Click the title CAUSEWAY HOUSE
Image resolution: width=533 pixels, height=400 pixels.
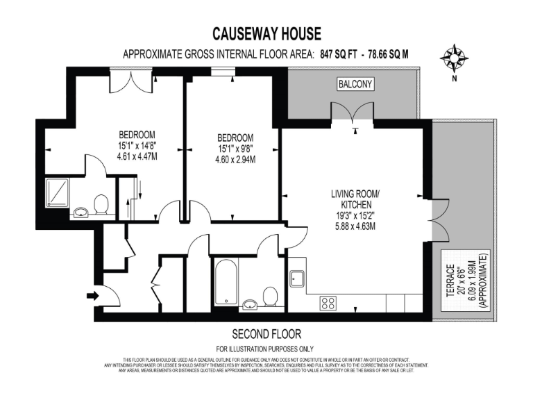(x=266, y=33)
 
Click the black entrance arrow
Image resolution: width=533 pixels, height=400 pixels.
(x=92, y=297)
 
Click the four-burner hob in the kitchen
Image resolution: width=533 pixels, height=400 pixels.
(x=328, y=303)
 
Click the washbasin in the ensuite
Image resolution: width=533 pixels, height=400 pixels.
(x=81, y=210)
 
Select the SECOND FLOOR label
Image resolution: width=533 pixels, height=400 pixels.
(x=266, y=333)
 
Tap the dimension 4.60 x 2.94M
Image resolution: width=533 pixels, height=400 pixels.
(x=235, y=160)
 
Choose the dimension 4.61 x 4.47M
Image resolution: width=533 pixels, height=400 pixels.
(x=137, y=157)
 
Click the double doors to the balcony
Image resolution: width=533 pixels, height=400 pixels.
(x=354, y=112)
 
